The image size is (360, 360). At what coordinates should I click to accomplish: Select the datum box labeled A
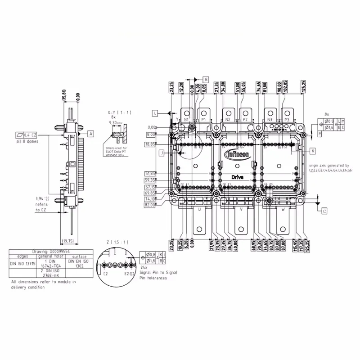[x=90, y=134]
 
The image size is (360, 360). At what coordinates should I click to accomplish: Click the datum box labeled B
[x=206, y=79]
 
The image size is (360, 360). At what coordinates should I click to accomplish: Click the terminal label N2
[x=228, y=120]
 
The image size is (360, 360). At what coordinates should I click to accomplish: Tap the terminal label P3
[x=287, y=120]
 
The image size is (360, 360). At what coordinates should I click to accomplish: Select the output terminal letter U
[x=199, y=209]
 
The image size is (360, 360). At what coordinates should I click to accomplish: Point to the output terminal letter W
[x=283, y=209]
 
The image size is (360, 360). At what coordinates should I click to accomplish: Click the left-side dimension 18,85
[x=150, y=144]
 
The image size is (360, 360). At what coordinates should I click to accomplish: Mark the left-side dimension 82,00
[x=150, y=205]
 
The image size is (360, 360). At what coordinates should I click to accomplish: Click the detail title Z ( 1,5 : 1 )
[x=115, y=243]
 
